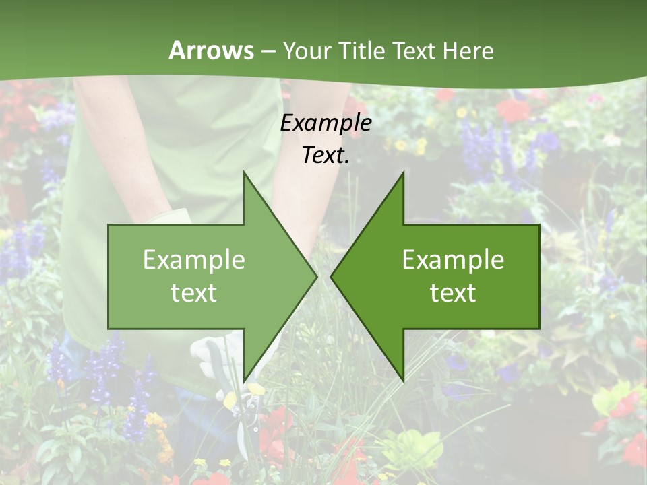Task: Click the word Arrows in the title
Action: (x=210, y=51)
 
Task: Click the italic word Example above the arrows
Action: (x=326, y=123)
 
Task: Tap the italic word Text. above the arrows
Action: (x=326, y=155)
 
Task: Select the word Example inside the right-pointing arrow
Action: (x=194, y=260)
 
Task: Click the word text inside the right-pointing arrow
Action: (x=194, y=292)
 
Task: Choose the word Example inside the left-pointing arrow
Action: (x=453, y=260)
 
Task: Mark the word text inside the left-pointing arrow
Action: (x=453, y=292)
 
